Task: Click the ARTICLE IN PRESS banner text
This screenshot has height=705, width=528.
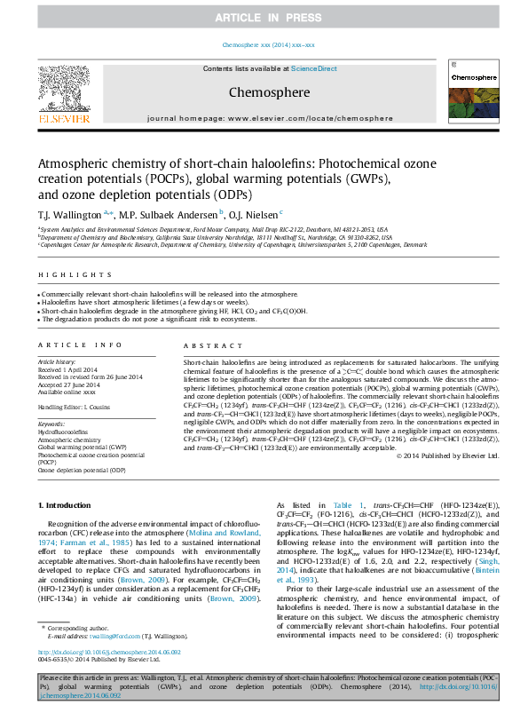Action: coord(264,17)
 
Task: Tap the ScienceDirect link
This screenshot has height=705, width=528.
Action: coord(314,68)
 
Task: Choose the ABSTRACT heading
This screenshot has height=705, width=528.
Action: coord(210,345)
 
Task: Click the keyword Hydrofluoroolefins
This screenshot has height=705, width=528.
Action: coord(65,432)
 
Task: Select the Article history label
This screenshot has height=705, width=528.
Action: coord(57,362)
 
